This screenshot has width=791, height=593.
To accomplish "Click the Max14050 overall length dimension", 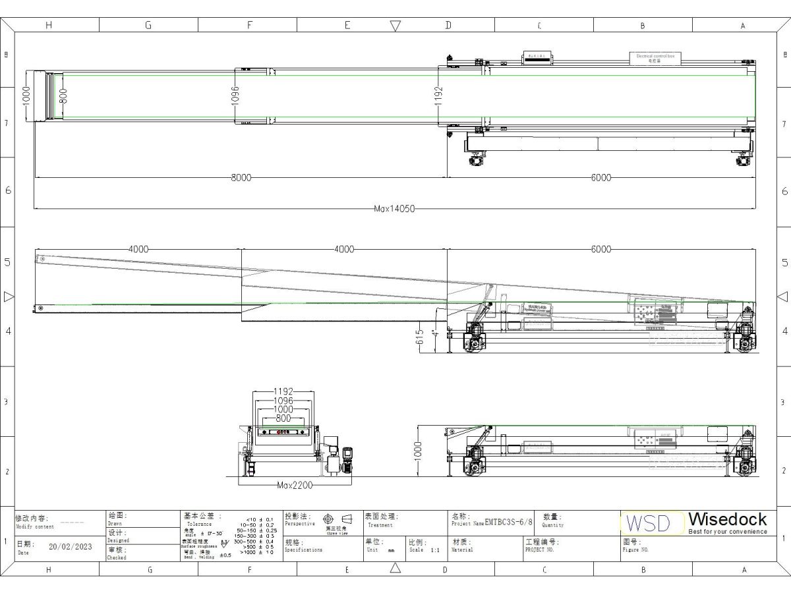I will [394, 208].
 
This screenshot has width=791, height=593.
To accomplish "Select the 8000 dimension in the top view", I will [241, 177].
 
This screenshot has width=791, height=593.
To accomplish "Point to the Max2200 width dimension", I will [294, 485].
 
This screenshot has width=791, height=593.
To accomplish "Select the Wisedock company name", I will [727, 519].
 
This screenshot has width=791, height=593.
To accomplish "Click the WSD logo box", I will [646, 523].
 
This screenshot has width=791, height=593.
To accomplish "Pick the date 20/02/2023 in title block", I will [71, 546].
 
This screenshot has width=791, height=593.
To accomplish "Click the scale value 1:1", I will [434, 550].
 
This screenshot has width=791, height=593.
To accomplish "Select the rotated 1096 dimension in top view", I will [235, 96].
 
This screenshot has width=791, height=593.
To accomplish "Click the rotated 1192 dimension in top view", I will [439, 96].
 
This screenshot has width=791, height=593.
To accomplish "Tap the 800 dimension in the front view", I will [283, 418].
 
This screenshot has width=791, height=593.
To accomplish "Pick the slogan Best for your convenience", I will [727, 532].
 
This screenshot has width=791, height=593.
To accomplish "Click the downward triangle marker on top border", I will [395, 26].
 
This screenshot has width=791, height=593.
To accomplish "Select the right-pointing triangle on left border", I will [9, 296].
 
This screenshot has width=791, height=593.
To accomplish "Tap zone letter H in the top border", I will [48, 26].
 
